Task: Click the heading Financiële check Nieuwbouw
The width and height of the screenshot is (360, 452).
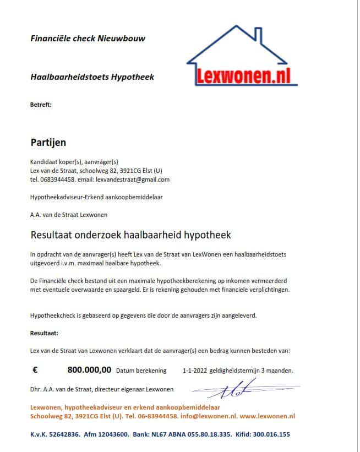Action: pos(88,39)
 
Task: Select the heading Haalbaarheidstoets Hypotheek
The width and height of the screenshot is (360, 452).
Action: pos(92,77)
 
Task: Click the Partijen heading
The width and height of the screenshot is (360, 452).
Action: pos(48,143)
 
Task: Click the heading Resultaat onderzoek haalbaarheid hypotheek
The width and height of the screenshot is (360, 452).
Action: pos(130,235)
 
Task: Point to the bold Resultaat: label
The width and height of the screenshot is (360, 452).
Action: pos(44,333)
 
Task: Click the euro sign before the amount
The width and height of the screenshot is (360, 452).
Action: pos(35,371)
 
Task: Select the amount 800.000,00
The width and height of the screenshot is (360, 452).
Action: pos(89,371)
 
